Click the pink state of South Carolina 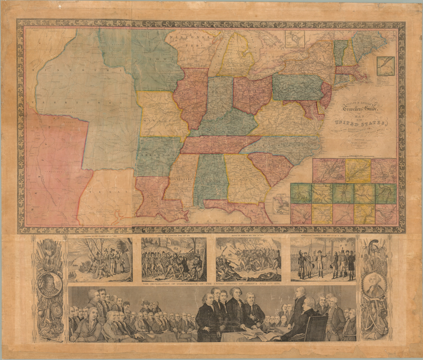point(271,167)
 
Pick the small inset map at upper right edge point(385,66)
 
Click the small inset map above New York point(294,39)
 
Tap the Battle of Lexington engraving point(174,259)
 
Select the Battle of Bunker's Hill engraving point(248,259)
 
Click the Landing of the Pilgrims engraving point(100,259)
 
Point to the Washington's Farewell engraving point(323,259)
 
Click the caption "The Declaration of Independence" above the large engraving point(211,284)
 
